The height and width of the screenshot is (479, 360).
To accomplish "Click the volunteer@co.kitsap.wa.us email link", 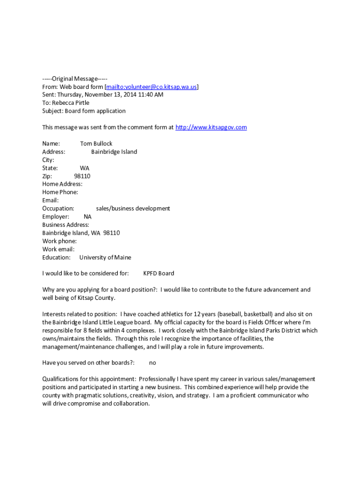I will point(151,87).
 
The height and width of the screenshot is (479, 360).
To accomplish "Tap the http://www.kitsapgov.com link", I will point(211,127).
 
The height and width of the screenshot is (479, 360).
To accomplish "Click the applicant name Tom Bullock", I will point(96,144).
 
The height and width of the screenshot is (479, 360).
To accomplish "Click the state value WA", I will point(85,168).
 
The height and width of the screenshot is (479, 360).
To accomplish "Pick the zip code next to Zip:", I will point(82,176).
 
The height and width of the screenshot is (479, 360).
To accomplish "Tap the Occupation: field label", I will point(58,209).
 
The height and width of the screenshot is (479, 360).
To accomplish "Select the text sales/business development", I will point(133,209).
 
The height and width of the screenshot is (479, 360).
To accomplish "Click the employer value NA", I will point(88,217).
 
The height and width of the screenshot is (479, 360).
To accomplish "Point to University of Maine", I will point(105,257).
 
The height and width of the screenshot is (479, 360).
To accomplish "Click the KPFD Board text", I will point(158,274).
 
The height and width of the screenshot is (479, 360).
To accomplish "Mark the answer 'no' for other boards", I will point(152,363).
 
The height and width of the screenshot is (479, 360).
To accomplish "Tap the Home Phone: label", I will point(60,192).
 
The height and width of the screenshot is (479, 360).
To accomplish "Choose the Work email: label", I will point(58,249).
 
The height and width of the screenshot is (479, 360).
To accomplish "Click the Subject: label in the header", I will point(52,111).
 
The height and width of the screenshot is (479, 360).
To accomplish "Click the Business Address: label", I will point(65,225).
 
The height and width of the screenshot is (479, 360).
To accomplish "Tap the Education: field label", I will point(56,257).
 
